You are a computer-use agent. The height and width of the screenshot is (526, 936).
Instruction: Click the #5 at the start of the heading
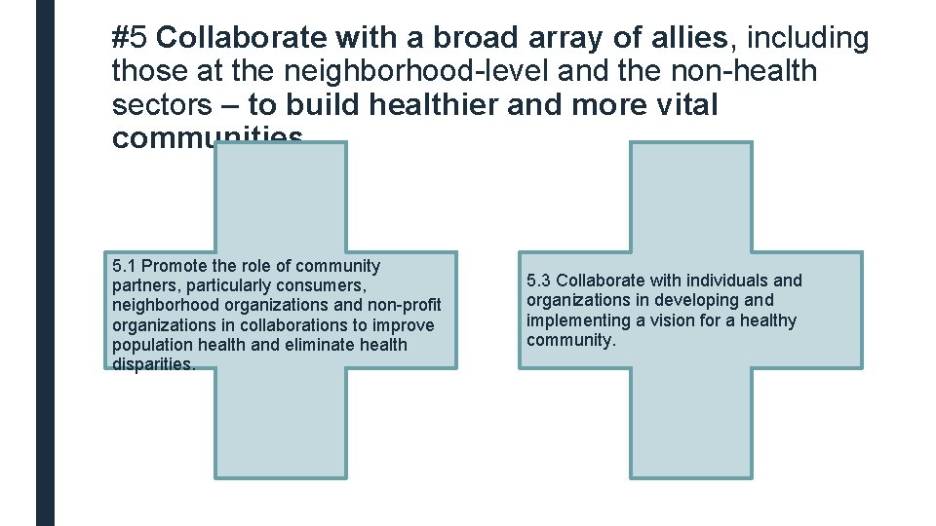click(x=130, y=39)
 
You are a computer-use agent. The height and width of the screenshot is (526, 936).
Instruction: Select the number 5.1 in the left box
click(x=125, y=266)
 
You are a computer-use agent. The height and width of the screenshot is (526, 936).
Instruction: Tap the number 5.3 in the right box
click(x=539, y=281)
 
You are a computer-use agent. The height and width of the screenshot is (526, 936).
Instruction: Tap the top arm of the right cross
click(x=691, y=195)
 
